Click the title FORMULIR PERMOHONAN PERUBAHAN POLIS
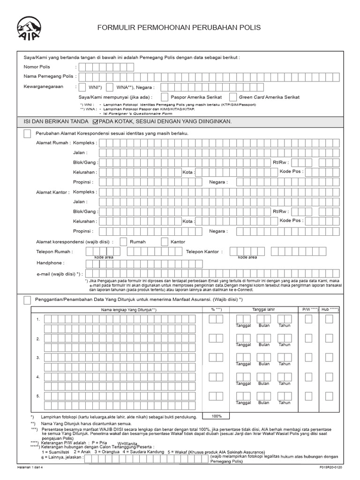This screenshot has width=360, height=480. [x=179, y=28]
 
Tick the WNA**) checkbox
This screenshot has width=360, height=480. [x=110, y=87]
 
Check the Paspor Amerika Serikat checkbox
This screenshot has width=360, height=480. [x=165, y=97]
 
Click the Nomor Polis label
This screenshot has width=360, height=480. [x=37, y=67]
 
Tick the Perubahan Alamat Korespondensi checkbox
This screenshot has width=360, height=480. [x=27, y=134]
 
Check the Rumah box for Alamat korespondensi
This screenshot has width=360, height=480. [x=123, y=242]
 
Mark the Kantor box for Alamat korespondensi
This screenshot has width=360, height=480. [x=165, y=242]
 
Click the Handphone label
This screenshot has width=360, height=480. [x=50, y=263]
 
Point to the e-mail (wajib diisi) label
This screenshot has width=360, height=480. [x=59, y=274]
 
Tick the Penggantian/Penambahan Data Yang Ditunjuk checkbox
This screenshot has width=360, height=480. [x=27, y=300]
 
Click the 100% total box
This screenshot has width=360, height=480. [x=216, y=416]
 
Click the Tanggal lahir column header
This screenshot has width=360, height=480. [x=264, y=310]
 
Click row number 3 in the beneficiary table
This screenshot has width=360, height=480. [x=37, y=358]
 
